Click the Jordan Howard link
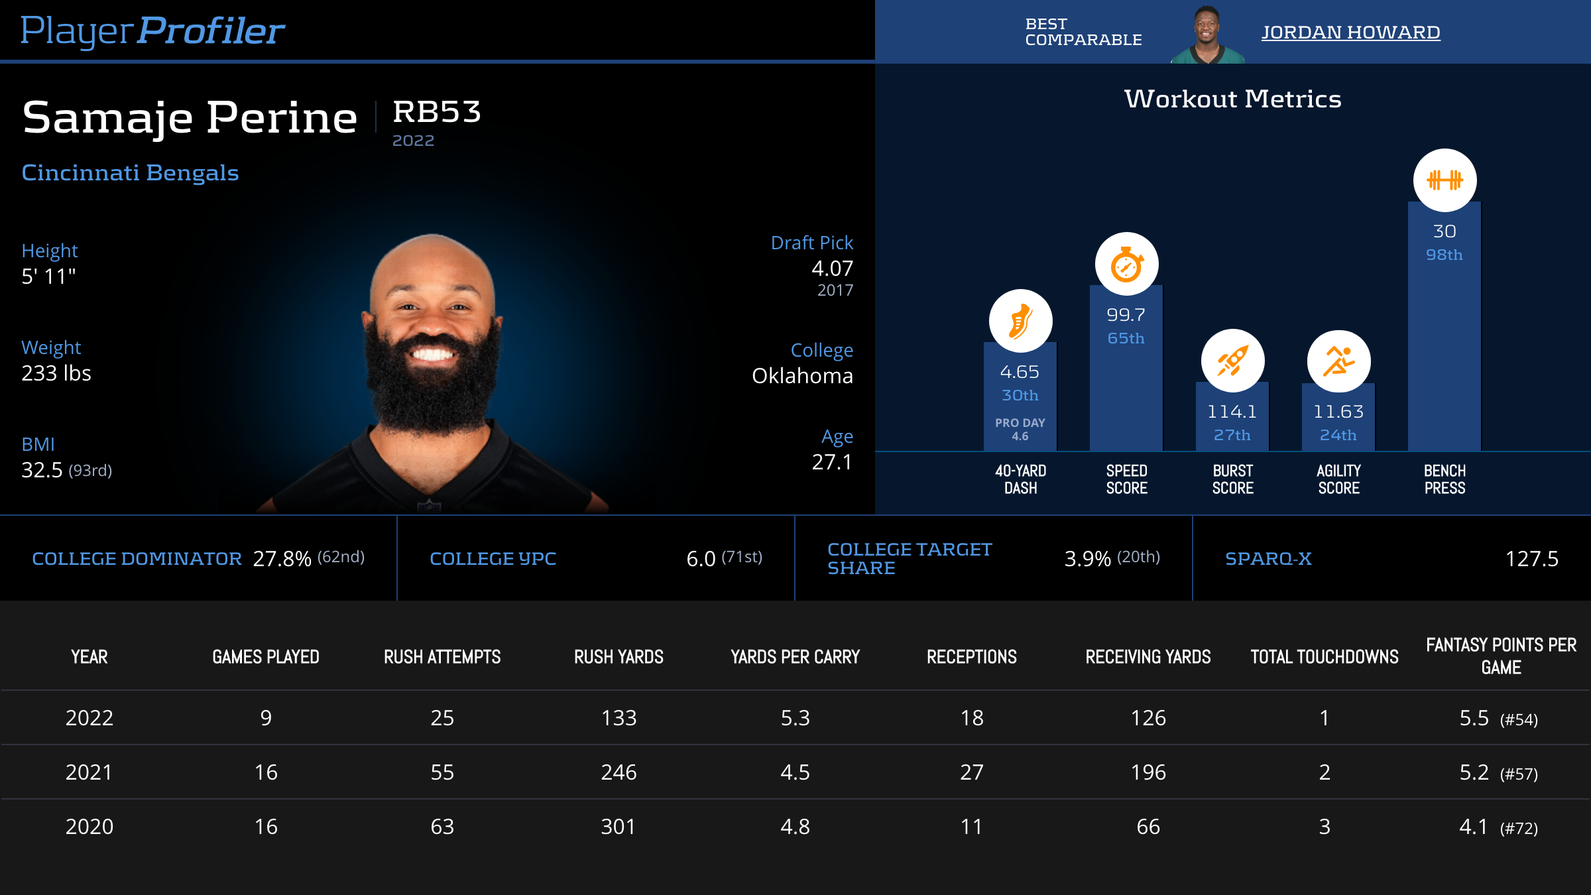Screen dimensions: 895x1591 [x=1350, y=32]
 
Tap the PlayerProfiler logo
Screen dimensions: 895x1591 [x=152, y=30]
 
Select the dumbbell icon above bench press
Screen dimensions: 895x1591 [x=1444, y=180]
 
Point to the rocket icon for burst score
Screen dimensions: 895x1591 [x=1232, y=361]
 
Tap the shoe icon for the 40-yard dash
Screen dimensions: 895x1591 [x=1020, y=321]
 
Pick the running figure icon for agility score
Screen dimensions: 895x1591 [x=1338, y=361]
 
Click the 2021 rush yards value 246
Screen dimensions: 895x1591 [x=619, y=772]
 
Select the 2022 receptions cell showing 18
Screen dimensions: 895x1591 [x=972, y=718]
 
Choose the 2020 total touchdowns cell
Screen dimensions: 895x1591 [x=1325, y=827]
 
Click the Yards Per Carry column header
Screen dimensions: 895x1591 [x=795, y=657]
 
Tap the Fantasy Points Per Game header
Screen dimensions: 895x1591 [x=1501, y=656]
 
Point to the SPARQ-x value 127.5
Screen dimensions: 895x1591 [x=1531, y=559]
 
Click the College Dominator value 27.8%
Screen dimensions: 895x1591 [x=282, y=559]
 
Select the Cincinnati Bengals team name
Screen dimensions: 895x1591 [x=130, y=172]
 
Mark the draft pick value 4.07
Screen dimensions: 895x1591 [x=832, y=268]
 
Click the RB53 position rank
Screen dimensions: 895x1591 [x=436, y=111]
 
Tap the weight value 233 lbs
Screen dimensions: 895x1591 [x=56, y=373]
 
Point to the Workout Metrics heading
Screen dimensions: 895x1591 [x=1232, y=99]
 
